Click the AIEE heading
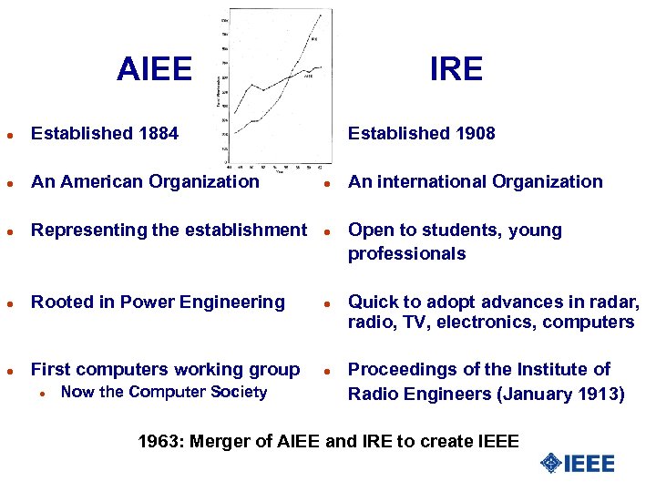point(155,69)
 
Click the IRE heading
point(456,69)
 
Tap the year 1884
point(158,134)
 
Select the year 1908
point(475,134)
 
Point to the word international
point(425,181)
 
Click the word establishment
point(247,230)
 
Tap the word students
point(462,230)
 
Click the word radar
point(616,302)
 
